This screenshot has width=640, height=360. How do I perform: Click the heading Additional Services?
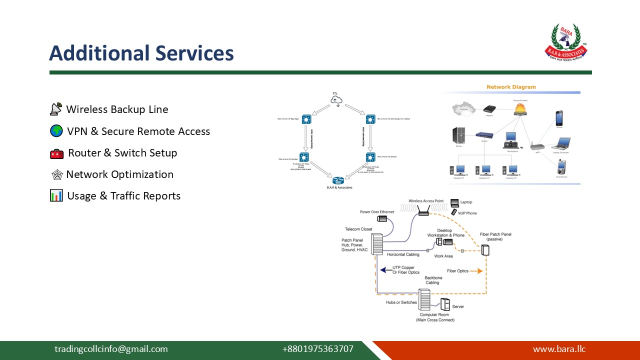click(141, 53)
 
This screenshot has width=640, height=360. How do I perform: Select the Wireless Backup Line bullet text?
click(117, 109)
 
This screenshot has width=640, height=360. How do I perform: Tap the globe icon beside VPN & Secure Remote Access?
click(56, 131)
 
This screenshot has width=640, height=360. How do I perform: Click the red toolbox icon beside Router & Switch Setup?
click(56, 153)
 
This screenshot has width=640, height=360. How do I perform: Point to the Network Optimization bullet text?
click(119, 174)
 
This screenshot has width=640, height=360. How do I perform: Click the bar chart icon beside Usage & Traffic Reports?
click(56, 195)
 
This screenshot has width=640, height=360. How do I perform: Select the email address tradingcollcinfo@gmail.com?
click(111, 349)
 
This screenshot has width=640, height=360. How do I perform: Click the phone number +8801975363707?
click(317, 349)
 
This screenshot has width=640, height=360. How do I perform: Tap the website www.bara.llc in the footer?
click(559, 349)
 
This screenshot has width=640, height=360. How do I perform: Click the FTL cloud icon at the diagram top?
click(336, 101)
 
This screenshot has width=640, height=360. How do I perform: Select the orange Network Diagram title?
click(511, 87)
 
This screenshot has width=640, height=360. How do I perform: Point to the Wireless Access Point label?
click(425, 201)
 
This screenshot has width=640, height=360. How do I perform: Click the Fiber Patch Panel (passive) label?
click(495, 236)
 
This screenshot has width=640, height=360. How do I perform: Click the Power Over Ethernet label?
click(377, 212)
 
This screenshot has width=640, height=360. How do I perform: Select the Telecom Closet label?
click(358, 229)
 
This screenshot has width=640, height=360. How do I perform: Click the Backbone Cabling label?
click(432, 280)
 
